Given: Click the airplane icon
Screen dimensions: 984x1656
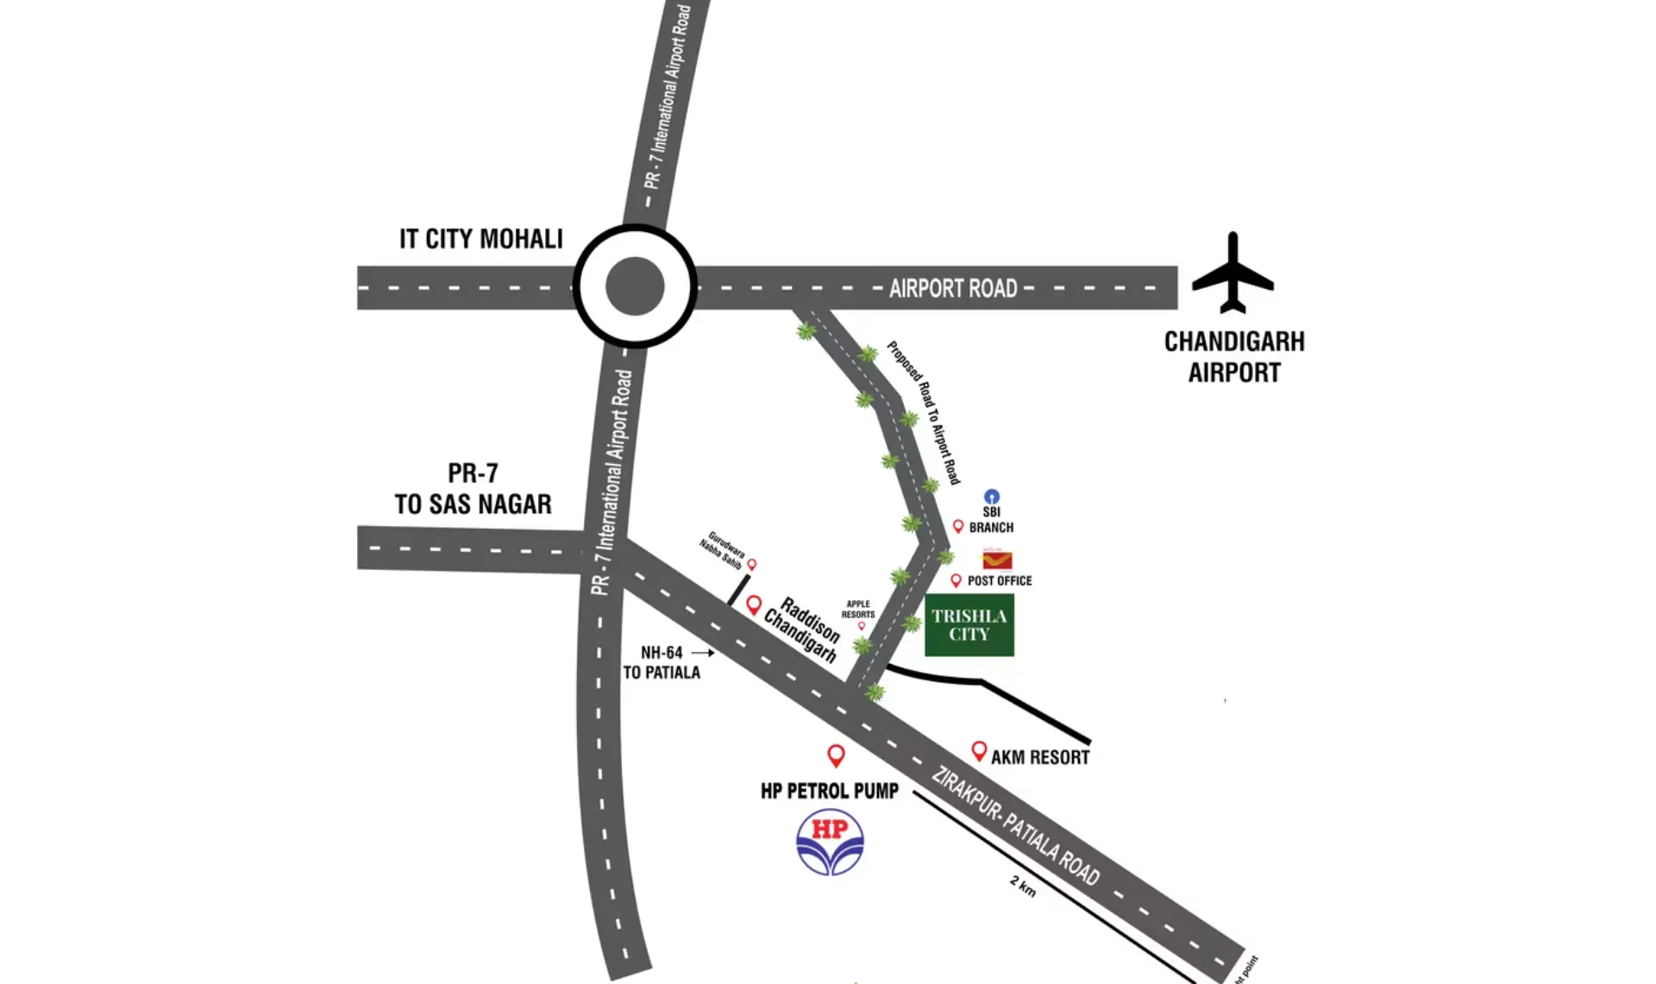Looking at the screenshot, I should (1233, 274).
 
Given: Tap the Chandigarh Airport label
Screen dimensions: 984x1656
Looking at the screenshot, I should (1234, 357).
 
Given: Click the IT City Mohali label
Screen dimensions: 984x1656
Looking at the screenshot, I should (480, 239).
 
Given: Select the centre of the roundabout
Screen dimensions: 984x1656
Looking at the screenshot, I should (635, 286).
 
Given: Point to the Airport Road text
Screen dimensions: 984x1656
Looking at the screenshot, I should (953, 288).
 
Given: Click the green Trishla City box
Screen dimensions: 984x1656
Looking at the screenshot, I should (969, 625).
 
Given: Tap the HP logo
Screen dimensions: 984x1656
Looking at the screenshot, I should (830, 843).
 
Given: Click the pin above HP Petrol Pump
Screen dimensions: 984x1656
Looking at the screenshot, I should (835, 755).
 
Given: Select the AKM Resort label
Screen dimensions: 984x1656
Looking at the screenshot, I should (1039, 757).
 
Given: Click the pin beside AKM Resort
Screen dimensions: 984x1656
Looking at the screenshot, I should (979, 751).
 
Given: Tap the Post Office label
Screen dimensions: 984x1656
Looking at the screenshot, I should (999, 580).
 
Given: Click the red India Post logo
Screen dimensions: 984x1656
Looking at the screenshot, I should (996, 559).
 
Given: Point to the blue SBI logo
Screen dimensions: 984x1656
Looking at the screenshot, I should (992, 497).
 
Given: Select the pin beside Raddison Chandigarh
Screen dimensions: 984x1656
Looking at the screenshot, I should (753, 605).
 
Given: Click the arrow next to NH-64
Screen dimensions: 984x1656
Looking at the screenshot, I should (702, 653).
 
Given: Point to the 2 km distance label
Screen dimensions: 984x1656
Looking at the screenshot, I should (1023, 886).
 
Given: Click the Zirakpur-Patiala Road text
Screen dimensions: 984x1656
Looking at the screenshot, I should (1015, 825).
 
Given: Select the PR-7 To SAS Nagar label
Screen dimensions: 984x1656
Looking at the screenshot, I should (473, 488).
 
